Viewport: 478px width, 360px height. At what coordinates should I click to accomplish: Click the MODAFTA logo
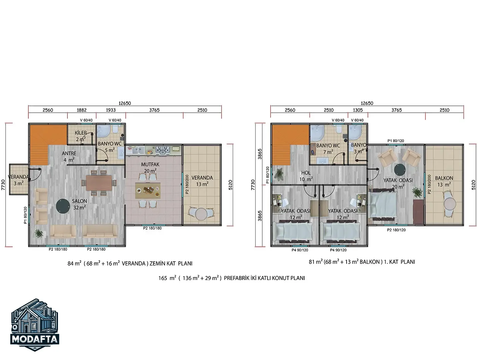point(35,324)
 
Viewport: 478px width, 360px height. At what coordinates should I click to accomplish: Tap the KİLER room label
point(81,133)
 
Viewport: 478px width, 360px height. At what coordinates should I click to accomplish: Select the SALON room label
point(79,201)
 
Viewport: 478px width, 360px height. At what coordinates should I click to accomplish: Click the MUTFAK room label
point(150,164)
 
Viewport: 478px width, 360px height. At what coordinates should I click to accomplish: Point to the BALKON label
point(444,178)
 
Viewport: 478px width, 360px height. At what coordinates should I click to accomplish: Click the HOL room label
point(306,173)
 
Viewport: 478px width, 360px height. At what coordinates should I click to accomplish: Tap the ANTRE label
point(69,153)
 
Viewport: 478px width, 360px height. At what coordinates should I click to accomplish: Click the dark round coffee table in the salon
point(63,206)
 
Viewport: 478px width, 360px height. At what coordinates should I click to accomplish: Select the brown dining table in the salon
point(99,183)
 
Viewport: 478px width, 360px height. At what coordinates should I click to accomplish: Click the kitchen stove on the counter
point(162,150)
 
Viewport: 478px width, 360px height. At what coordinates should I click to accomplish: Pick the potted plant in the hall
point(278,174)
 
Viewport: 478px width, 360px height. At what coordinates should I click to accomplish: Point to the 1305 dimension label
point(358,110)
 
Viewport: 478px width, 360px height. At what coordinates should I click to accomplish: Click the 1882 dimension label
point(82,110)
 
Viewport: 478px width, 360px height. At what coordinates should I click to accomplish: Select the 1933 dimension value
point(111,110)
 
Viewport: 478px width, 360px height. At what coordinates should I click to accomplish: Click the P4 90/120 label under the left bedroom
point(300,250)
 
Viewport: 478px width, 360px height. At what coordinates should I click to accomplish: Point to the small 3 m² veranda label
point(18,180)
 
